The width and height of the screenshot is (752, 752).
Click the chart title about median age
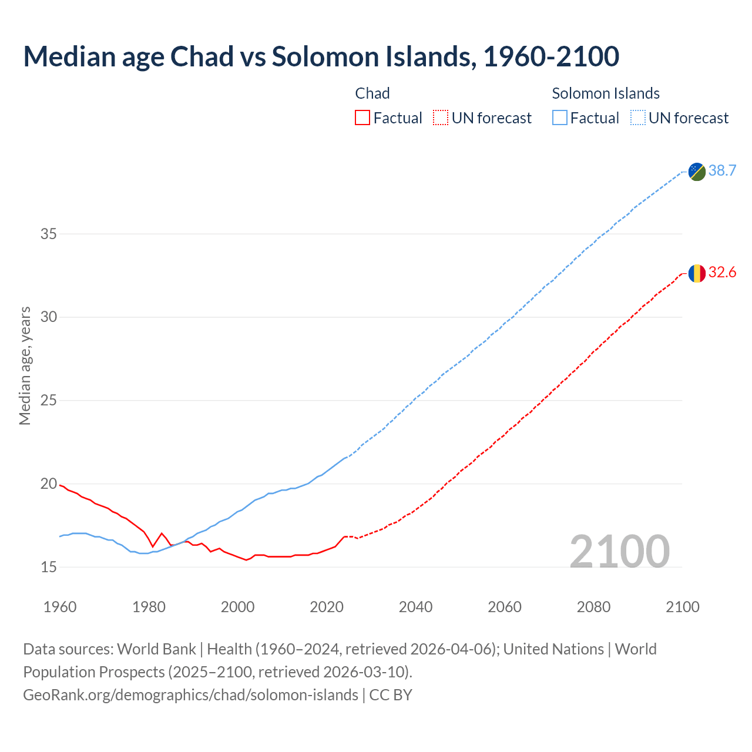pyautogui.click(x=321, y=56)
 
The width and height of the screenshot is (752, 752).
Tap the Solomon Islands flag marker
pyautogui.click(x=697, y=172)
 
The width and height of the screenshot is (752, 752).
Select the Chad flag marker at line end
pyautogui.click(x=697, y=273)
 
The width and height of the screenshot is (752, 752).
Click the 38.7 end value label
pyautogui.click(x=722, y=171)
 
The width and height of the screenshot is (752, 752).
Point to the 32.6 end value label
pyautogui.click(x=722, y=273)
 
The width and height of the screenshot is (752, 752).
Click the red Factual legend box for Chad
pyautogui.click(x=362, y=118)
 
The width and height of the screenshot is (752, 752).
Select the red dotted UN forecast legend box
pyautogui.click(x=441, y=118)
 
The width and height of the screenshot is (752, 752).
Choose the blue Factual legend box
pyautogui.click(x=560, y=118)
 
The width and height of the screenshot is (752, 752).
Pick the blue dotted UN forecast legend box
pyautogui.click(x=638, y=118)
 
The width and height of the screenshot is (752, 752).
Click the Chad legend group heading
pyautogui.click(x=372, y=93)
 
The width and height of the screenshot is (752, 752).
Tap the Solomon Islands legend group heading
pyautogui.click(x=606, y=93)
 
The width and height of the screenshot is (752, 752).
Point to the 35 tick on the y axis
pyautogui.click(x=48, y=234)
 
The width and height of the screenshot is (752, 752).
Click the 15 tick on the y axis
pyautogui.click(x=48, y=568)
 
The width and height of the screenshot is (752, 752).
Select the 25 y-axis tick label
pyautogui.click(x=48, y=401)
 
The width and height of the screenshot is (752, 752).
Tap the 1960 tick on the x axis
pyautogui.click(x=60, y=607)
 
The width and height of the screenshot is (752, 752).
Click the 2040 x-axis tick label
pyautogui.click(x=415, y=607)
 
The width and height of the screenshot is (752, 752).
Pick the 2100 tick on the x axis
pyautogui.click(x=682, y=607)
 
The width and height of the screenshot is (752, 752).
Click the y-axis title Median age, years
pyautogui.click(x=25, y=365)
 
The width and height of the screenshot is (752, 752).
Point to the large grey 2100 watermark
pyautogui.click(x=619, y=551)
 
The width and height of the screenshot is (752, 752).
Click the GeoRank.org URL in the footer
pyautogui.click(x=190, y=695)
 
